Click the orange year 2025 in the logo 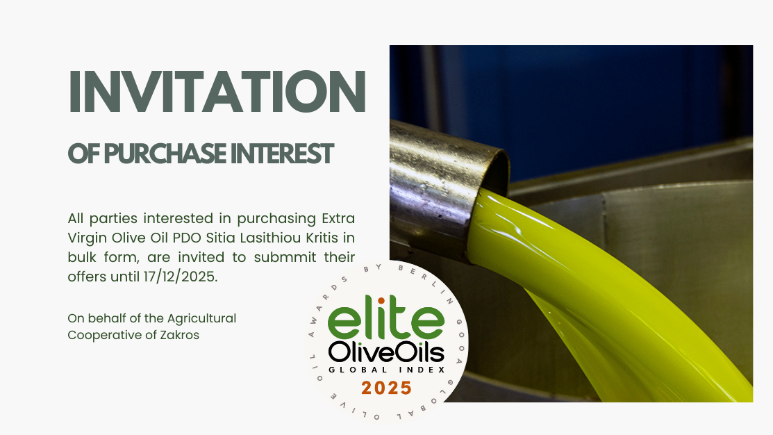pyautogui.click(x=385, y=387)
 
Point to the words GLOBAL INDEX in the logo pyautogui.click(x=385, y=370)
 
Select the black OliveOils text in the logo pyautogui.click(x=385, y=352)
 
